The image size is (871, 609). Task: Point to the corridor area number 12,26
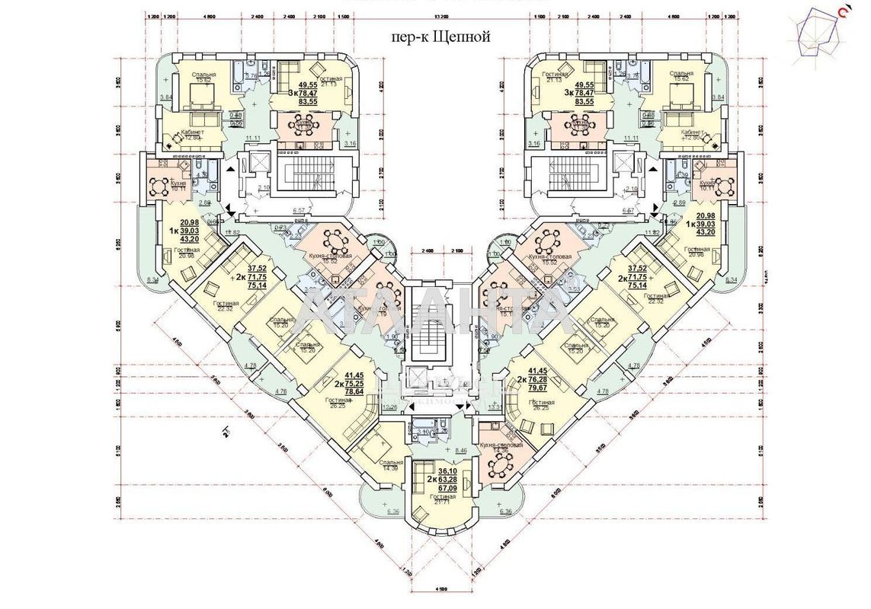point(390,407)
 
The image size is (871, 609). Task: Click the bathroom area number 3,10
point(424,432)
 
